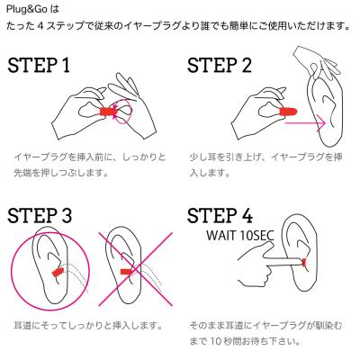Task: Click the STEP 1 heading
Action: click(x=52, y=67)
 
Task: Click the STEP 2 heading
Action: click(x=232, y=67)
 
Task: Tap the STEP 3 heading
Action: click(x=52, y=219)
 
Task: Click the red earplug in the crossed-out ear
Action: click(x=127, y=269)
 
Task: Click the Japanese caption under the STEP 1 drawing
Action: click(x=90, y=165)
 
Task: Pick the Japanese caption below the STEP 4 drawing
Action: click(x=268, y=331)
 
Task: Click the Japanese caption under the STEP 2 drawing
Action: click(x=268, y=165)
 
